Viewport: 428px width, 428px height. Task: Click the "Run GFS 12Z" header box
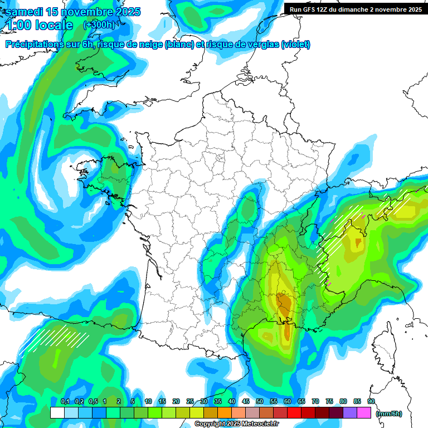tap(354, 9)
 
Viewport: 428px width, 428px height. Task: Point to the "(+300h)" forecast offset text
tap(99, 25)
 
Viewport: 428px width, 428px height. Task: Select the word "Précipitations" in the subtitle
tap(34, 45)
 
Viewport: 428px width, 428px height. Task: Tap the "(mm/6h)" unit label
tap(389, 414)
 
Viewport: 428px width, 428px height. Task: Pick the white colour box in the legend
tap(57, 413)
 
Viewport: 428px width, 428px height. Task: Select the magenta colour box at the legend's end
tap(364, 413)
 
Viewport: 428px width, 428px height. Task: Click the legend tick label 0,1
tap(65, 402)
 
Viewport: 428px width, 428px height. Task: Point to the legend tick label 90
tap(371, 402)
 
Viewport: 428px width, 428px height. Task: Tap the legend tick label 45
tap(246, 402)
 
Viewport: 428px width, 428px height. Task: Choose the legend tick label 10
tap(148, 402)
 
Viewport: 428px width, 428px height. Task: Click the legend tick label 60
tap(288, 402)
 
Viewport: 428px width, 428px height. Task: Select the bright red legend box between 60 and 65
tap(294, 413)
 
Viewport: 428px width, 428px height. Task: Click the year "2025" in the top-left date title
tap(123, 12)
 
